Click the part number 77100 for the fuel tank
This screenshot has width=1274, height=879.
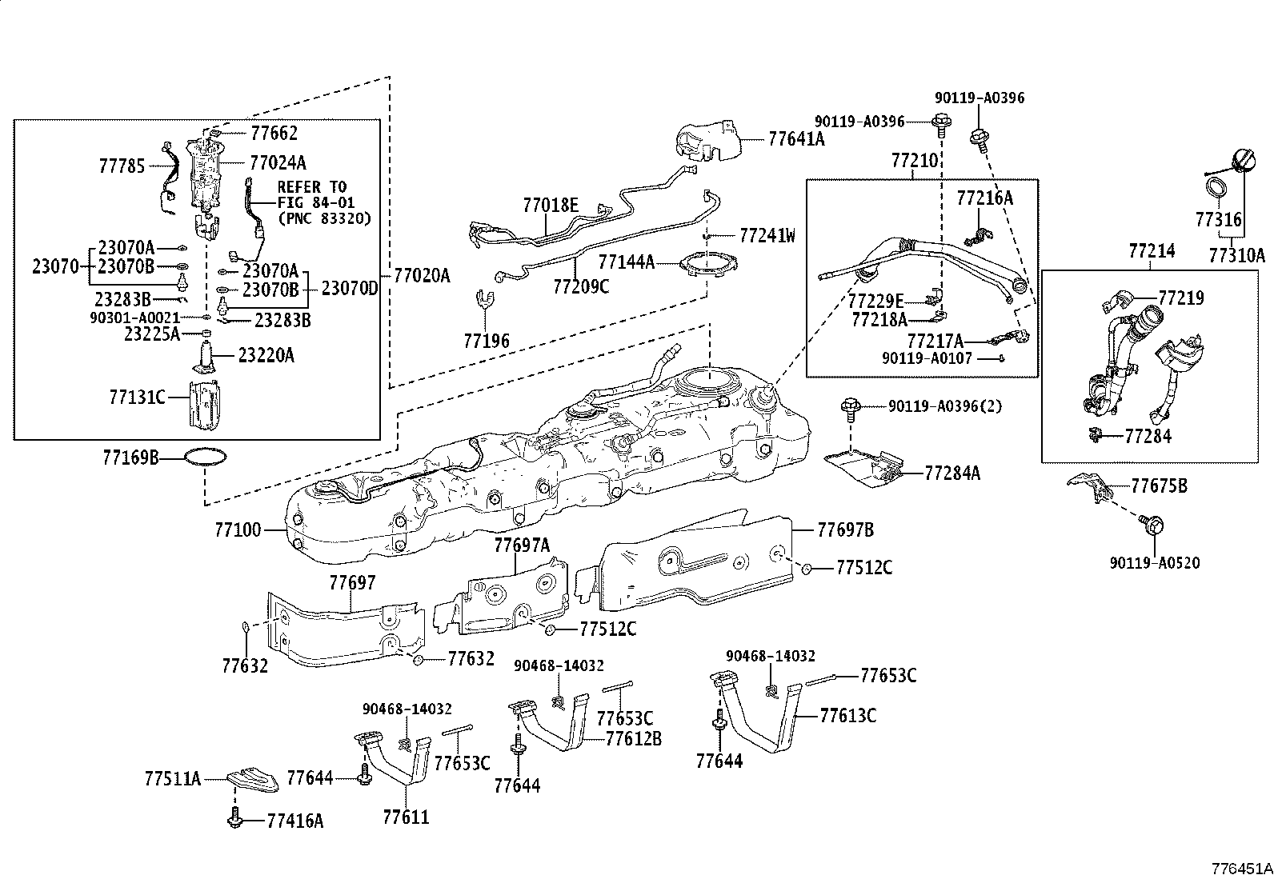click(238, 530)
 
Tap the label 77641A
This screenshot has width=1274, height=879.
click(795, 138)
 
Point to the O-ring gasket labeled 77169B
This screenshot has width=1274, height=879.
click(205, 457)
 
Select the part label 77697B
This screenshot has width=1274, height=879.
click(845, 529)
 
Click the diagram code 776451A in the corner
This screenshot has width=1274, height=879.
click(1239, 869)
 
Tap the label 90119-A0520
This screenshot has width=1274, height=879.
click(1155, 563)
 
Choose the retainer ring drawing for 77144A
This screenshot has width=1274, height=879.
click(705, 265)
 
